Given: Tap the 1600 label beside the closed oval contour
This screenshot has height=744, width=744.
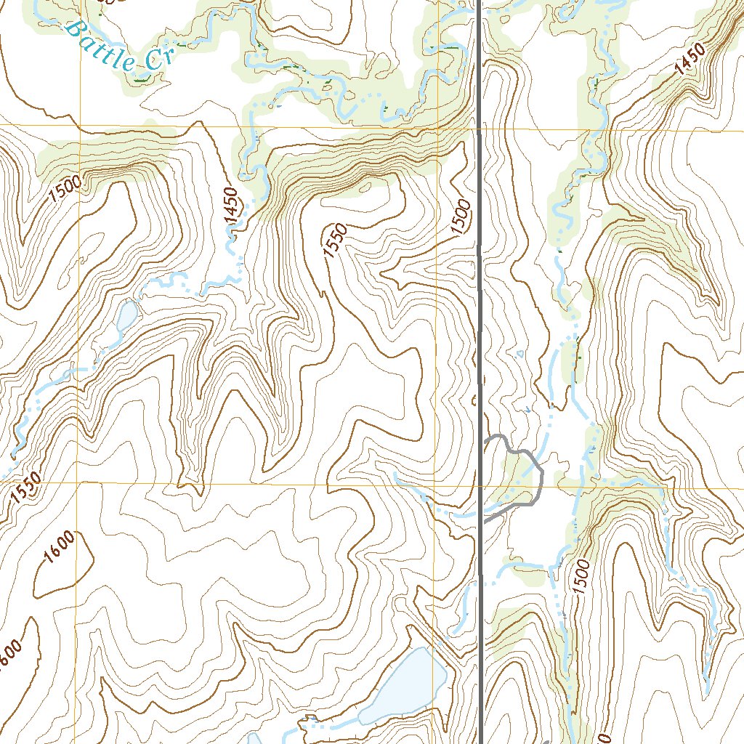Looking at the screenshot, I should [58, 548].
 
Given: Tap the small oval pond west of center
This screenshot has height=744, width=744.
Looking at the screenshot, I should [127, 316].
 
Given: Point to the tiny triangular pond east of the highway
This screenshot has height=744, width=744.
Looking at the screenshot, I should [519, 355].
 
